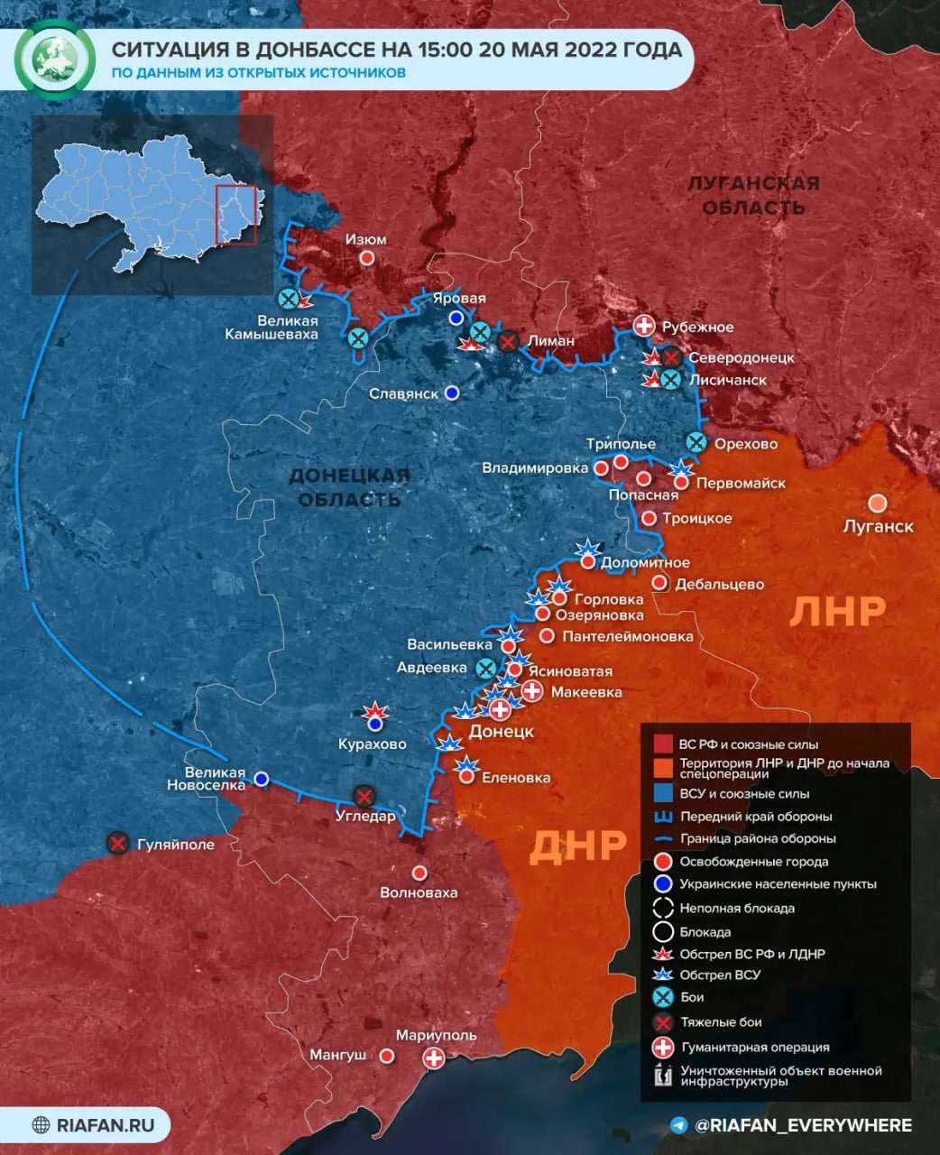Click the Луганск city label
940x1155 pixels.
click(878, 526)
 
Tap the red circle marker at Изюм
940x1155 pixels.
click(367, 258)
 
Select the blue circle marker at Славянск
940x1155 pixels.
click(452, 393)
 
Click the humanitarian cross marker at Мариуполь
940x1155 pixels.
click(434, 1058)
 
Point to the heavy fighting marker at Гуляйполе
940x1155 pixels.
click(117, 844)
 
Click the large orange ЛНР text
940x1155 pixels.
click(837, 612)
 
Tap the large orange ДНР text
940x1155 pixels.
click(577, 845)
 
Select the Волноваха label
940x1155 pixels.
click(419, 892)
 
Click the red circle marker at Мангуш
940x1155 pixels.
click(387, 1055)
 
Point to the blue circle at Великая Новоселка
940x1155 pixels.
click(262, 778)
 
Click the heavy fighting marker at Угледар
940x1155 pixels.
click(364, 796)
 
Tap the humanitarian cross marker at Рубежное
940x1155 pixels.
click(644, 327)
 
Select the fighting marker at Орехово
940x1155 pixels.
click(696, 442)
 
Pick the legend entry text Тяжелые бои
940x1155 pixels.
click(720, 1022)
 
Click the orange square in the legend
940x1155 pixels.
click(663, 768)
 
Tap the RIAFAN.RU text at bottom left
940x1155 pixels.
click(106, 1125)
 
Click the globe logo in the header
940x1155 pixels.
click(57, 57)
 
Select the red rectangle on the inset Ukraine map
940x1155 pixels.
click(236, 215)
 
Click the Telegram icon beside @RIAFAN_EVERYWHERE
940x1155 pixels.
click(679, 1125)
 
